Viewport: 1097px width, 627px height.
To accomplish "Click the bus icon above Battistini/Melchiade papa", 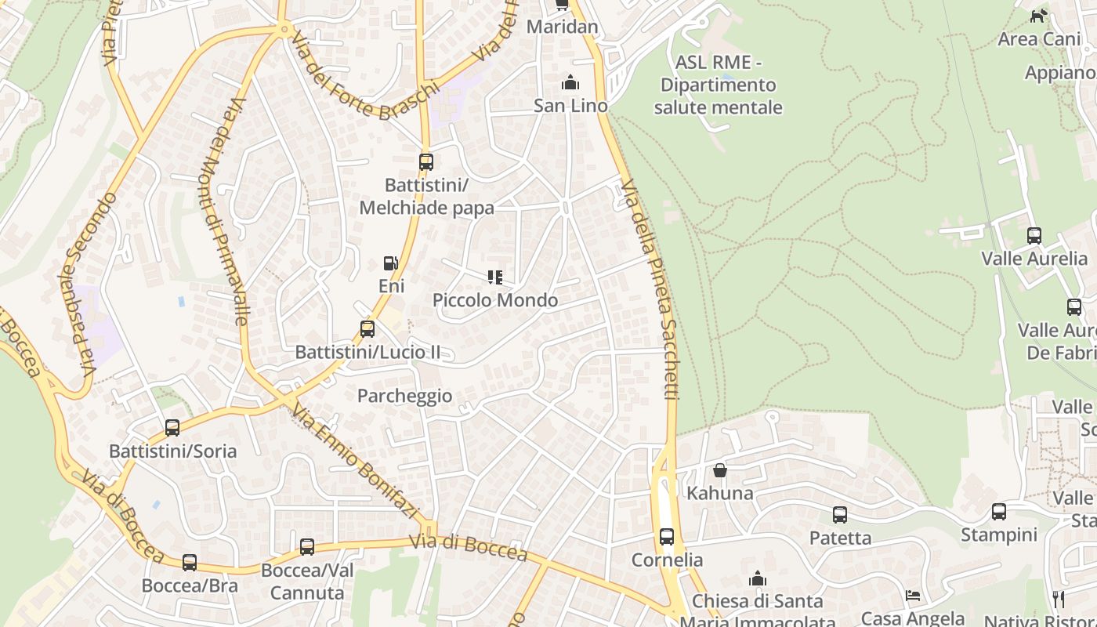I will coord(425,162).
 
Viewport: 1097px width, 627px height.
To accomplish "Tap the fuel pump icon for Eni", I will coord(390,264).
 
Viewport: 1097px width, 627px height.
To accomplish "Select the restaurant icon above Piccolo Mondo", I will coord(494,277).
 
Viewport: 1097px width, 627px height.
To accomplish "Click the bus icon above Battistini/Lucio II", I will coord(367,329).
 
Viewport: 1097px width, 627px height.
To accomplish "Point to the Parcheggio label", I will coord(404,396).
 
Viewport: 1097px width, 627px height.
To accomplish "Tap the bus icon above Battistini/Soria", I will coord(172,428).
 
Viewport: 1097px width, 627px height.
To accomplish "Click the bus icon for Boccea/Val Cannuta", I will coord(307,547).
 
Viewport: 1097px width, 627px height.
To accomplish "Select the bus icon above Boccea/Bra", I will coord(190,563).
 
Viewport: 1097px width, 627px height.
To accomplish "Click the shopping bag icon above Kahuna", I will coord(719,470).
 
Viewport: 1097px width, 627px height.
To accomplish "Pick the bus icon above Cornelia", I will coord(667,537).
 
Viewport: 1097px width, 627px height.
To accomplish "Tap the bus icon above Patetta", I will coord(840,515).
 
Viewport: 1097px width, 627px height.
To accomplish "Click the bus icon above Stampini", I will coord(999,512).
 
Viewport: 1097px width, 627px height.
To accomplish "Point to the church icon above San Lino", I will coord(570,82).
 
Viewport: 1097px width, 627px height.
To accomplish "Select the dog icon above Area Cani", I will coord(1038,16).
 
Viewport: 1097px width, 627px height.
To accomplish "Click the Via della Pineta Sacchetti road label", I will coord(659,290).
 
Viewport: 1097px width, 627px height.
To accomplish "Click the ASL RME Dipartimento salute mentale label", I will coord(718,85).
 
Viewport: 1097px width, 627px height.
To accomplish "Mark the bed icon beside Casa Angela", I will coord(913,596).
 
